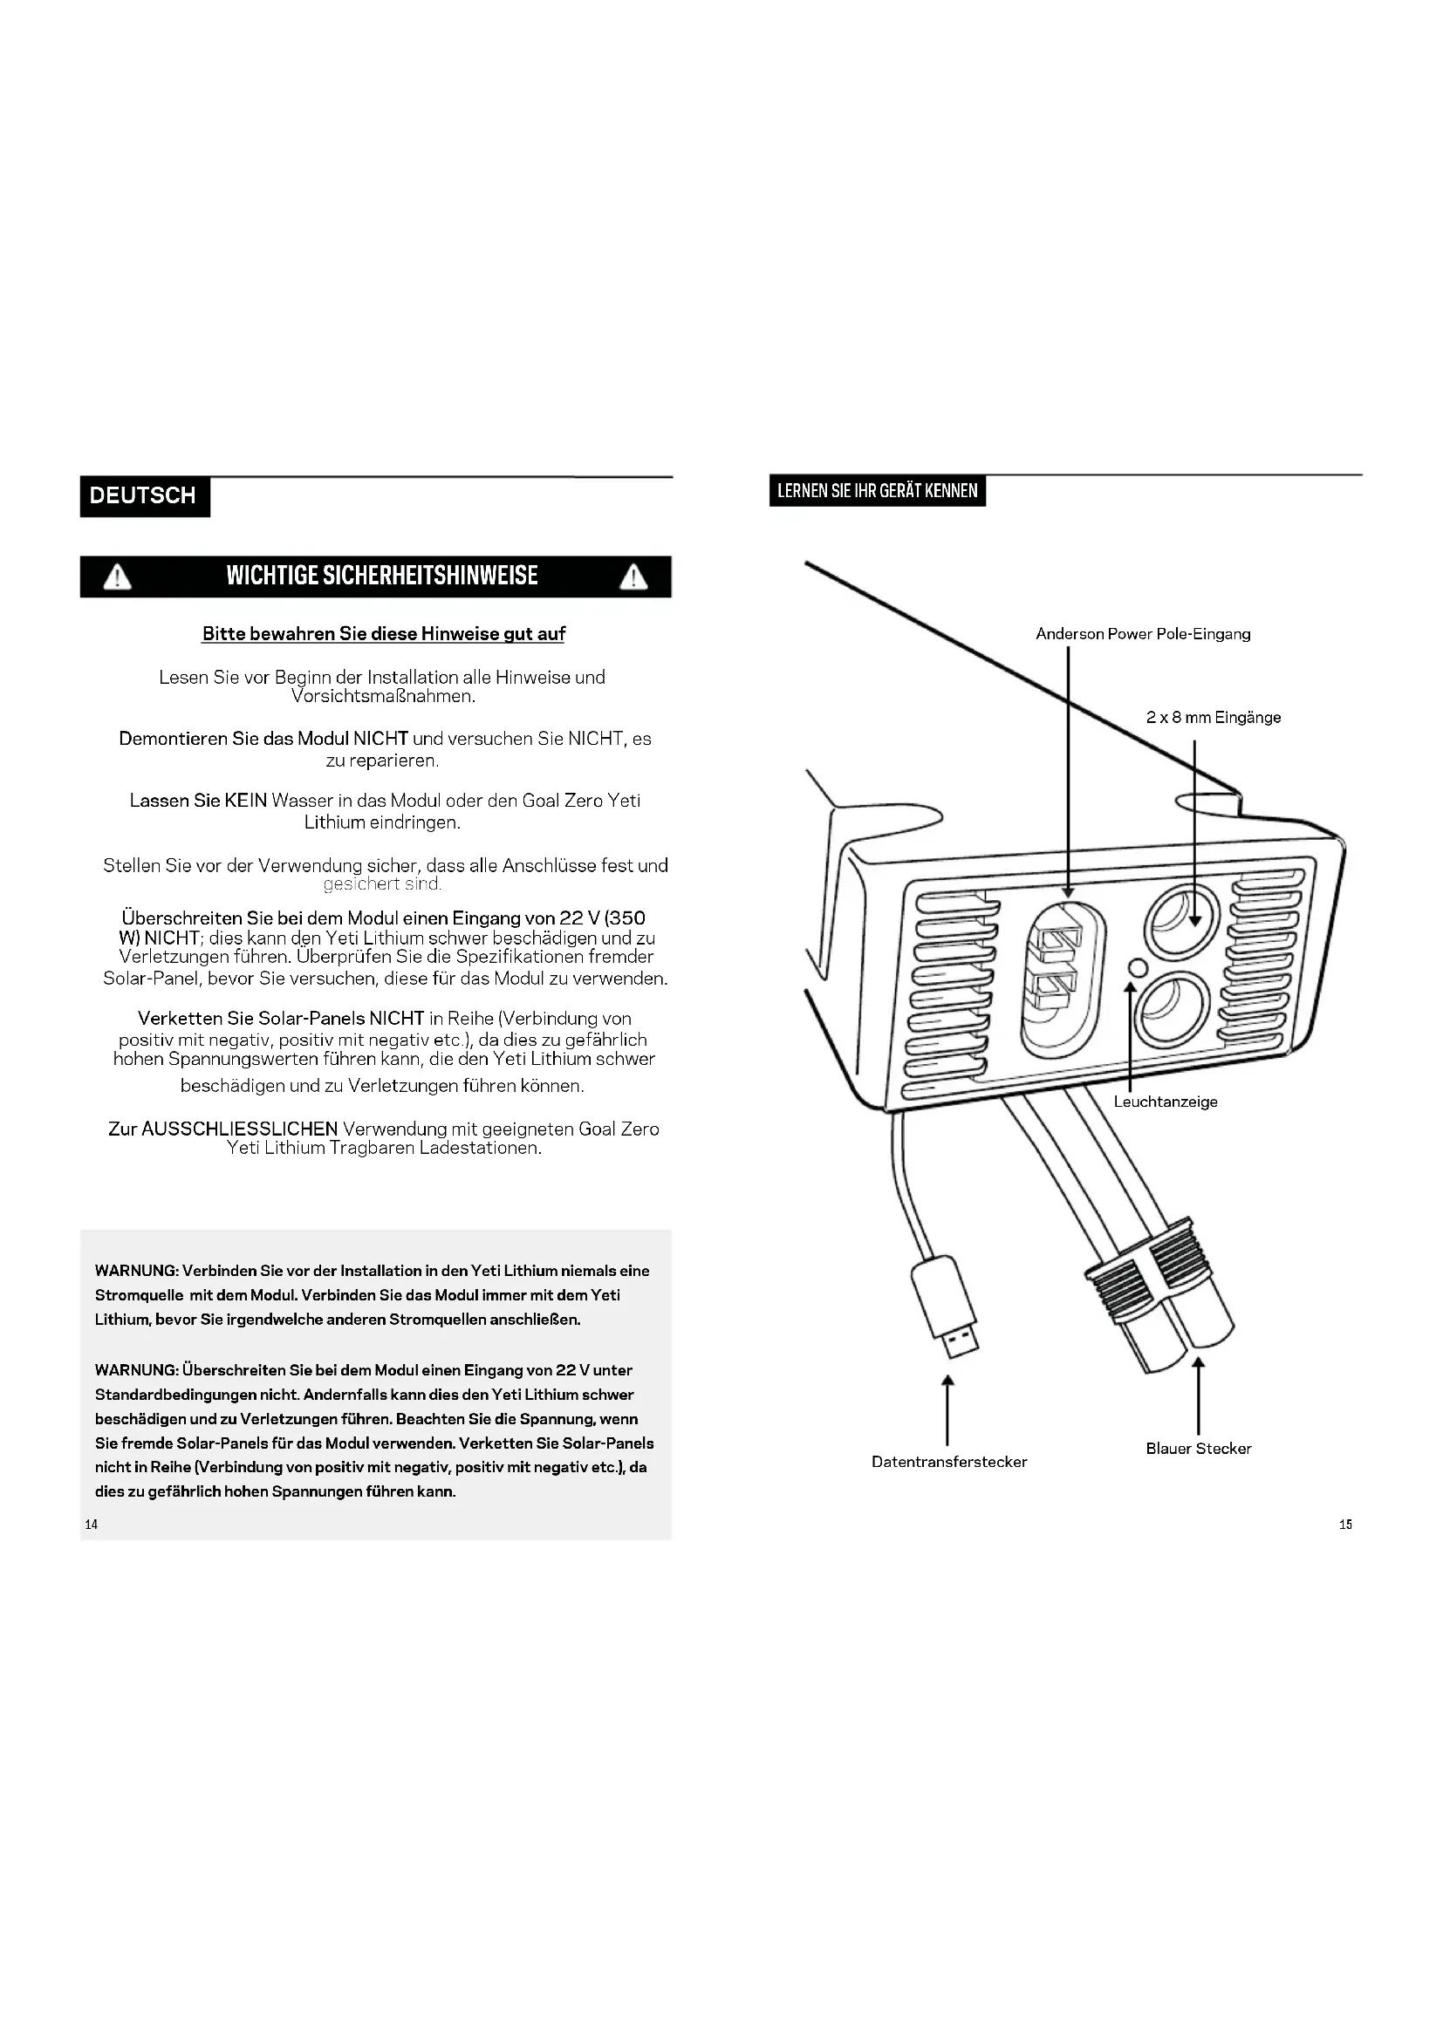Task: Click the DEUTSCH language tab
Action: pyautogui.click(x=144, y=495)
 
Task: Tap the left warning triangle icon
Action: pyautogui.click(x=117, y=577)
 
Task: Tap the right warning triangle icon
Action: pyautogui.click(x=633, y=577)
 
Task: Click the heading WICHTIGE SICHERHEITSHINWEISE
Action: pyautogui.click(x=382, y=576)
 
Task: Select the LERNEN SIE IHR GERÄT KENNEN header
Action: pyautogui.click(x=877, y=490)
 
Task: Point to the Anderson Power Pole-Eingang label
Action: pyautogui.click(x=1143, y=633)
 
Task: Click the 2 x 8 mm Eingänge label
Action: pyautogui.click(x=1213, y=717)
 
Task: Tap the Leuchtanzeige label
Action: pyautogui.click(x=1165, y=1102)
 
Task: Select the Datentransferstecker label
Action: pyautogui.click(x=949, y=1462)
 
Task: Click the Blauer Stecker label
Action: pyautogui.click(x=1198, y=1449)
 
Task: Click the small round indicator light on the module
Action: pyautogui.click(x=1137, y=967)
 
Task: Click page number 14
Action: pyautogui.click(x=92, y=1524)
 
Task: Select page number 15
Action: pyautogui.click(x=1345, y=1524)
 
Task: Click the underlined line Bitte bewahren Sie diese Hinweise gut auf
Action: pyautogui.click(x=383, y=633)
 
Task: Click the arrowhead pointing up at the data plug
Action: pyautogui.click(x=948, y=1380)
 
